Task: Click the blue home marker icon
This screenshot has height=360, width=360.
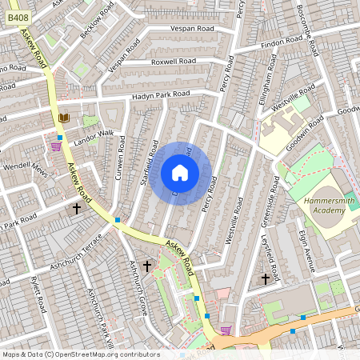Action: click(x=180, y=173)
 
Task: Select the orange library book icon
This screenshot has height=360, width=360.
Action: click(x=64, y=118)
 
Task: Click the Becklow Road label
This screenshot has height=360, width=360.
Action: click(x=97, y=24)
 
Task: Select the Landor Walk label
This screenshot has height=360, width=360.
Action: click(x=94, y=134)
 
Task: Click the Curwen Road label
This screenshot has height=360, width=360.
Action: click(x=122, y=157)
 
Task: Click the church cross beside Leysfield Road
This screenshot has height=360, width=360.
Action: click(x=266, y=278)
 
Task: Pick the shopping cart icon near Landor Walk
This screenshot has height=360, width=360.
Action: click(x=56, y=147)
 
